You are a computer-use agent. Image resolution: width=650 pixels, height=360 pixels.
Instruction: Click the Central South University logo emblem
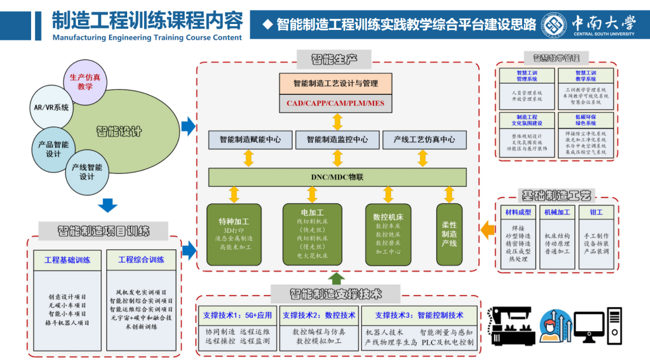pyautogui.click(x=554, y=25)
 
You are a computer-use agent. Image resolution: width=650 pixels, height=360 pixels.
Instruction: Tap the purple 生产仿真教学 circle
pyautogui.click(x=85, y=81)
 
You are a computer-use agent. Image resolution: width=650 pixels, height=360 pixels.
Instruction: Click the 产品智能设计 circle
pyautogui.click(x=53, y=149)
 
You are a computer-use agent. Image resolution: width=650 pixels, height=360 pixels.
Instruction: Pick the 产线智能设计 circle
pyautogui.click(x=87, y=172)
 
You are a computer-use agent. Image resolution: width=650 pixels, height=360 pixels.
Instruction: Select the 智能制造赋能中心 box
pyautogui.click(x=250, y=140)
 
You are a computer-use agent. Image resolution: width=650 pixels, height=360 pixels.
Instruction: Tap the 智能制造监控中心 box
pyautogui.click(x=338, y=140)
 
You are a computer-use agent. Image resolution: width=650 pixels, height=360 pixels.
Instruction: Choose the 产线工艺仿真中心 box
pyautogui.click(x=424, y=140)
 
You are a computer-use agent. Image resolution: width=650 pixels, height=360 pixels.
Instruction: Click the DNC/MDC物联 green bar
pyautogui.click(x=338, y=177)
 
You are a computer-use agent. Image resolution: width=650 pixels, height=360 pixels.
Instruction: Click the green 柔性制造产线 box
pyautogui.click(x=449, y=233)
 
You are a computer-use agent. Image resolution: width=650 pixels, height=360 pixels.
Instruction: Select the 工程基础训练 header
pyautogui.click(x=67, y=260)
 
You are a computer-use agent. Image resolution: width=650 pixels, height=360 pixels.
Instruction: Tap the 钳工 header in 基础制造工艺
pyautogui.click(x=596, y=212)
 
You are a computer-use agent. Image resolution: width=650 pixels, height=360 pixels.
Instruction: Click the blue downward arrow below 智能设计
pyautogui.click(x=107, y=206)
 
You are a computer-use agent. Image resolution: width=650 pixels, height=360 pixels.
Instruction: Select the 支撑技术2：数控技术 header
pyautogui.click(x=319, y=315)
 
